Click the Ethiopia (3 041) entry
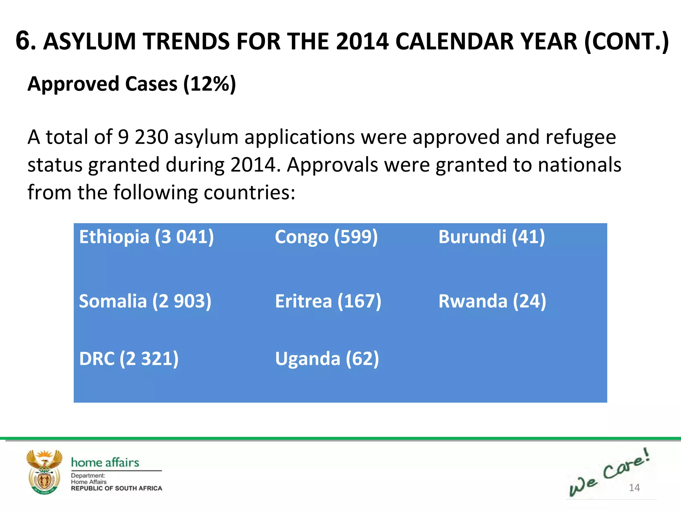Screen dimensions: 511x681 [x=146, y=237]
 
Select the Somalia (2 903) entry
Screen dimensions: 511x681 [x=145, y=301]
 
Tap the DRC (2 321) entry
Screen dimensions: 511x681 [x=129, y=359]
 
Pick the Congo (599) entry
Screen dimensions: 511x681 [x=326, y=237]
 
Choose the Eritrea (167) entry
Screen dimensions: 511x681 [x=328, y=301]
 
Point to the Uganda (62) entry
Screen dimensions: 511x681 [x=327, y=359]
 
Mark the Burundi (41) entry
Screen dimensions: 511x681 [x=491, y=237]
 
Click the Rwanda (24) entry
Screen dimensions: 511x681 [x=492, y=301]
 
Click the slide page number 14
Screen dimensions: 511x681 [x=634, y=488]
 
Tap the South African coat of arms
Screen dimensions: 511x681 [x=44, y=472]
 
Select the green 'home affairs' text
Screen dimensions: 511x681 [x=105, y=462]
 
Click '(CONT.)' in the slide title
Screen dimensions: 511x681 [x=626, y=42]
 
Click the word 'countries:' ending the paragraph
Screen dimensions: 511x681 [x=249, y=192]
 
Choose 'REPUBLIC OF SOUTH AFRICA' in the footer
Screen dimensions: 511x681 [x=116, y=488]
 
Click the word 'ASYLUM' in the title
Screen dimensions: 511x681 [x=90, y=42]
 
